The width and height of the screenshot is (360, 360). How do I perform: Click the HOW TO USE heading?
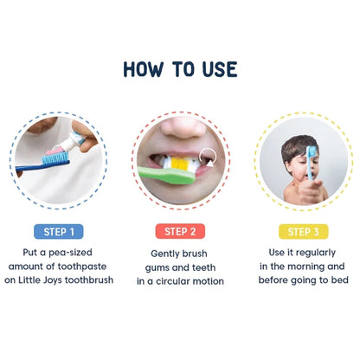click(180, 69)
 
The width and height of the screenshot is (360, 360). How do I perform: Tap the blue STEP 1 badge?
click(59, 231)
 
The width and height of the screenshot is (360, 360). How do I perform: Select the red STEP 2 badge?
click(180, 231)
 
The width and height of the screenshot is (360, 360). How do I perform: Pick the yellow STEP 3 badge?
click(299, 231)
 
